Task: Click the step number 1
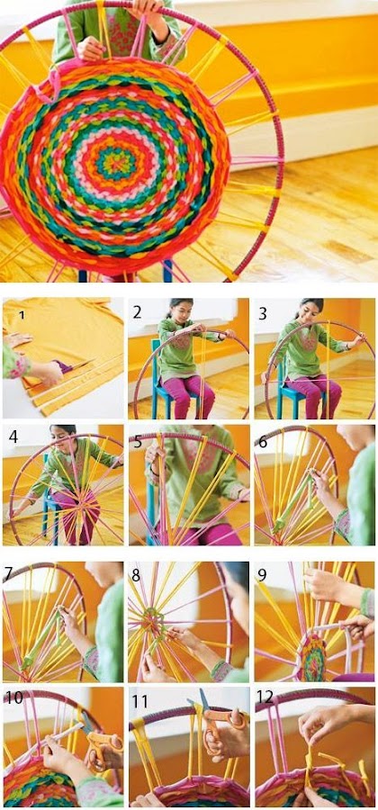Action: pos(22,314)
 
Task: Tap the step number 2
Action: pos(137,312)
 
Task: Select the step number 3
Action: pos(263,313)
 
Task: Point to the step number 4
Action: pos(13,437)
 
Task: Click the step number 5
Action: pos(137,442)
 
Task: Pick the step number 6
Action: pos(263,443)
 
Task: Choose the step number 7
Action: pos(8,573)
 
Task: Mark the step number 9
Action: pos(263,575)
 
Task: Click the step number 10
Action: pos(14,698)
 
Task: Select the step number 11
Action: pos(139,701)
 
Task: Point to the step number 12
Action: pos(265,697)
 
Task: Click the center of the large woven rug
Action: pos(115,165)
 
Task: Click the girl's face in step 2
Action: pos(179,310)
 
